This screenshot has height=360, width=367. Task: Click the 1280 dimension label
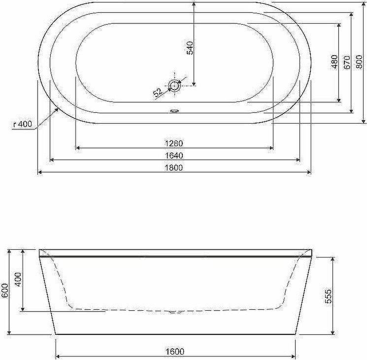(x=174, y=143)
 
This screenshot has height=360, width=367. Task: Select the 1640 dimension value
(x=174, y=155)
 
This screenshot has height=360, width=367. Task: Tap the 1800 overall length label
(x=174, y=168)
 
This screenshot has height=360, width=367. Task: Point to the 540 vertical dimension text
(x=190, y=48)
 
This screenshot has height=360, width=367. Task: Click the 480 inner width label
(x=334, y=62)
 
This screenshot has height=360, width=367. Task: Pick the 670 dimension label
(x=347, y=63)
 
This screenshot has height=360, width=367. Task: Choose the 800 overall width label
(x=359, y=62)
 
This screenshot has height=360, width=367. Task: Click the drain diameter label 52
(x=158, y=93)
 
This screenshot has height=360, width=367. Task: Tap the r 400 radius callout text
(x=23, y=124)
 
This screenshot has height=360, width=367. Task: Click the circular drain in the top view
(x=174, y=86)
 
